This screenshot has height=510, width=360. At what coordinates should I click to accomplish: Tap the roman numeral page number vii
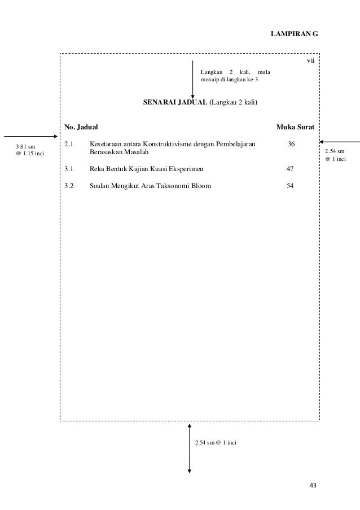tap(310, 61)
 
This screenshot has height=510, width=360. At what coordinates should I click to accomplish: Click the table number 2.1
tap(69, 145)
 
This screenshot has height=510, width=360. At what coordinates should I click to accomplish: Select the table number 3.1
tap(69, 168)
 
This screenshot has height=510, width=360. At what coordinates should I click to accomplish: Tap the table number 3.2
tap(69, 185)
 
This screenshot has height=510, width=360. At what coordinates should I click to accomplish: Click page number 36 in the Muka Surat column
tap(291, 145)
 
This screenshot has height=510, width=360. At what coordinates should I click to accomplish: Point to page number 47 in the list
tap(290, 168)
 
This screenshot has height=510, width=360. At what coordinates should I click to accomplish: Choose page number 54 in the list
tap(290, 185)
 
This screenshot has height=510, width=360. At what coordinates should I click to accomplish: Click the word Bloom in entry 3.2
tap(202, 185)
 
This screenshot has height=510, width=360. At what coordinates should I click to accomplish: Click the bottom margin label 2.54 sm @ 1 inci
tap(215, 442)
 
